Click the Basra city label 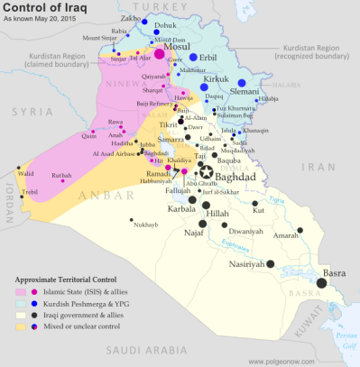334,271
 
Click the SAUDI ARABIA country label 140,344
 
